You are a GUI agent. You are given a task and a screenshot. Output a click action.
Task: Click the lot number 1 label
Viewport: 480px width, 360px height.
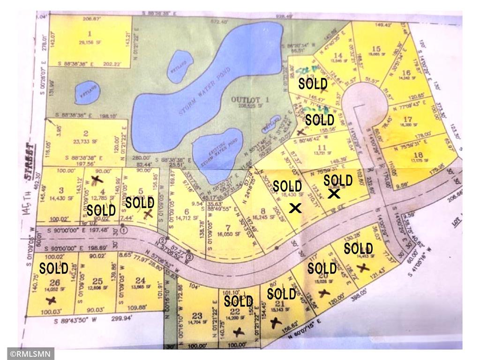click(89, 33)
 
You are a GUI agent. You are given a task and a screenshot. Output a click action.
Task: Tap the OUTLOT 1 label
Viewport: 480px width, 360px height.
click(244, 99)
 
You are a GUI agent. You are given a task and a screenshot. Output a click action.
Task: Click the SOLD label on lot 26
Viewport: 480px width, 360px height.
click(53, 269)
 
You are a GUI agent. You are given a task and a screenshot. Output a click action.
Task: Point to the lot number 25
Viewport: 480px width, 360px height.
click(97, 281)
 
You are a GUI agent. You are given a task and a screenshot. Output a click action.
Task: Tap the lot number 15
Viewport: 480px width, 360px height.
click(375, 49)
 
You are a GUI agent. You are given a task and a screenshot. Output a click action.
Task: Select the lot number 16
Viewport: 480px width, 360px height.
click(406, 72)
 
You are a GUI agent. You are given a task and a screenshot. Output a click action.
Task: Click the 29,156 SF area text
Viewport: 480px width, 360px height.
click(90, 41)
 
